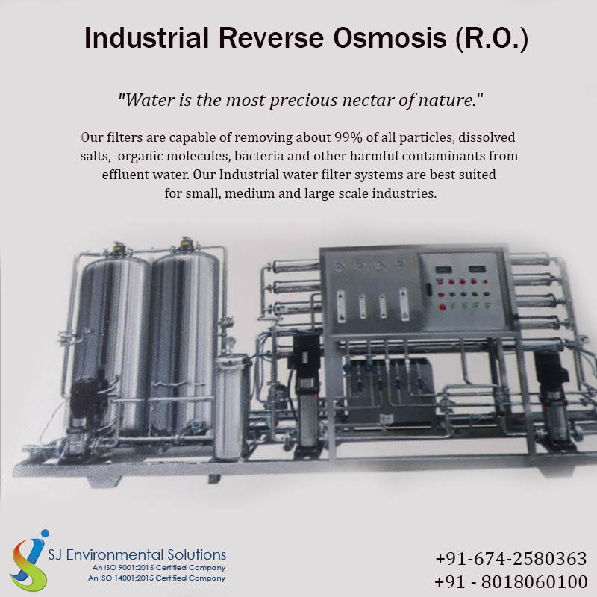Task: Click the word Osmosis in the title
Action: (390, 38)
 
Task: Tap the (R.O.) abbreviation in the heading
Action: (492, 39)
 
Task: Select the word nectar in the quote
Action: (368, 100)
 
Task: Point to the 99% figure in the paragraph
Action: (348, 137)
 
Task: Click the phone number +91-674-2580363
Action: (511, 558)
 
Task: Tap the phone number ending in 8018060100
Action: (511, 581)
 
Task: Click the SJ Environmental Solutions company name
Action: (137, 554)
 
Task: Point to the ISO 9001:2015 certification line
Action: (159, 568)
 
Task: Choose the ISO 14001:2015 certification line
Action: (157, 578)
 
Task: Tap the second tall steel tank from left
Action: (184, 343)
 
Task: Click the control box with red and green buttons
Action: (463, 292)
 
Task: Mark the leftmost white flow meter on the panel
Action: (341, 306)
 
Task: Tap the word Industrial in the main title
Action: (146, 38)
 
